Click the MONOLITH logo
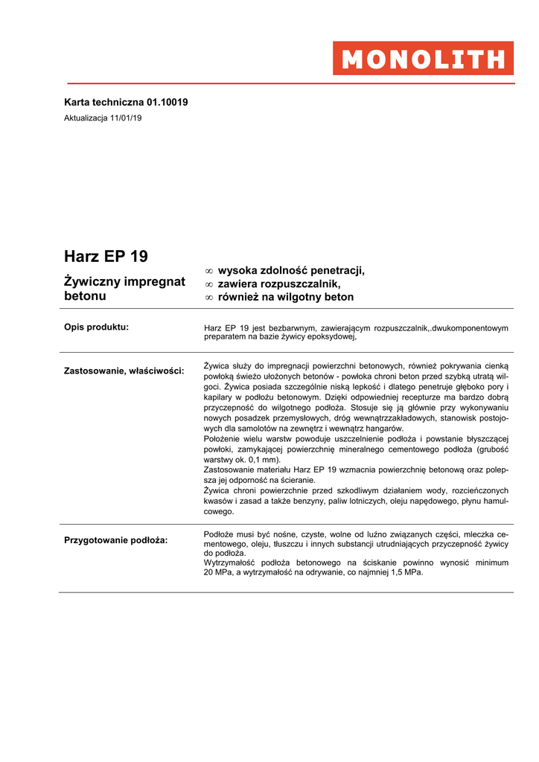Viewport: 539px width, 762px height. (x=423, y=58)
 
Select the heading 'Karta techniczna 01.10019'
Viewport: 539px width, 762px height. (x=126, y=102)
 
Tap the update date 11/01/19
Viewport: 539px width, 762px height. (x=126, y=118)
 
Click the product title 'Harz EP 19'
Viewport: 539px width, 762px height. (x=106, y=257)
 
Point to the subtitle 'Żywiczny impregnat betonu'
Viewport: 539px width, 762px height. (x=124, y=289)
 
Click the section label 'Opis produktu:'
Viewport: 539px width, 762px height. (x=97, y=327)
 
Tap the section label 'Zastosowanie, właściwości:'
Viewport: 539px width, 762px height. (x=124, y=370)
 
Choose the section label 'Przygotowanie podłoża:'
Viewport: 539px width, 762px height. (x=116, y=540)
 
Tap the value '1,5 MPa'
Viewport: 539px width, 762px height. (x=406, y=572)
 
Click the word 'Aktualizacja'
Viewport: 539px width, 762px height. (x=86, y=118)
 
